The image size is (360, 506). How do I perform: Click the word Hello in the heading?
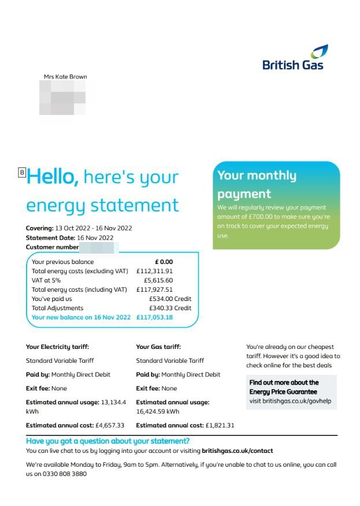(53, 177)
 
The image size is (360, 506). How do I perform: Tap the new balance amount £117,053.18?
(154, 317)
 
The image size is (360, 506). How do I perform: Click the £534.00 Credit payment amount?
(170, 299)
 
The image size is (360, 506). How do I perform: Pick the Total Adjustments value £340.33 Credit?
(170, 308)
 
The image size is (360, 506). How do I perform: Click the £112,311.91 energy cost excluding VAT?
(154, 271)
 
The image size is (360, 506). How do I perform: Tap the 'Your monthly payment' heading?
(257, 184)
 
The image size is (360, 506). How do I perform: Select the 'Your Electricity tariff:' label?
(57, 347)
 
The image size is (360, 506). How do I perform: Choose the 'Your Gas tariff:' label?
(158, 347)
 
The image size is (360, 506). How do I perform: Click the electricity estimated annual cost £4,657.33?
(109, 425)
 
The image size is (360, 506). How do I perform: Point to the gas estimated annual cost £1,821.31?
(220, 425)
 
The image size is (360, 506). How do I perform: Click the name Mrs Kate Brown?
(65, 77)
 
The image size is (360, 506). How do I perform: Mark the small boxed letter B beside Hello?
(23, 172)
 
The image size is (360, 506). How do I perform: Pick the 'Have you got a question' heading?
(108, 441)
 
